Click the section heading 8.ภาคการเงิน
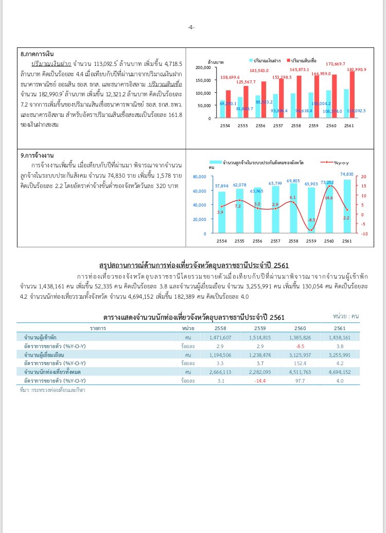[38, 54]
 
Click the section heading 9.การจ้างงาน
[38, 155]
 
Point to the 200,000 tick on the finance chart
[204, 67]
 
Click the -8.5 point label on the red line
[311, 220]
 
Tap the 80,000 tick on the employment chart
[199, 177]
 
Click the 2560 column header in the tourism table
[300, 328]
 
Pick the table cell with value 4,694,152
[339, 372]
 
